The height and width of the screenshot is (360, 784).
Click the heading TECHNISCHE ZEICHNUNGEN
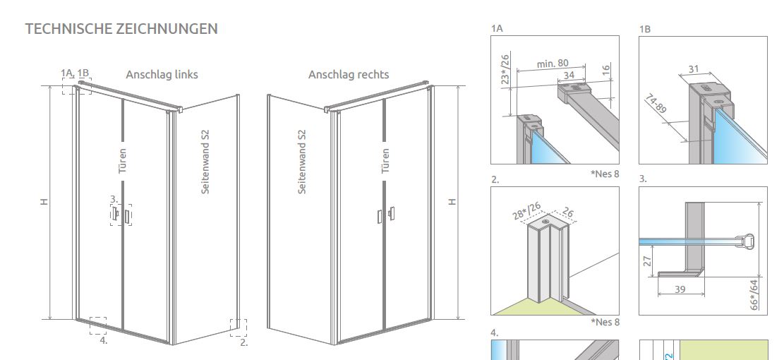pos(121,29)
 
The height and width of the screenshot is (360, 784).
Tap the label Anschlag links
pos(162,74)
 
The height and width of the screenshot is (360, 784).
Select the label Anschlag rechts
pos(349,74)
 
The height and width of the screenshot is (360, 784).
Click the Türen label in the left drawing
pos(122,160)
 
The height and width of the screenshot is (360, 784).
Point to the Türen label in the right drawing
pos(385,160)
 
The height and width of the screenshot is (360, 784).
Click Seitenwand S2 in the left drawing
pos(205,162)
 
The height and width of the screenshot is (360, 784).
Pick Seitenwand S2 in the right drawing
pos(302,162)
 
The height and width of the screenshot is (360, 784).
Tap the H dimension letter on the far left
pos(44,202)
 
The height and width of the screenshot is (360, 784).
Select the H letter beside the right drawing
pos(452,202)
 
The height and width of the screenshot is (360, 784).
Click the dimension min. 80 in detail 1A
pos(553,64)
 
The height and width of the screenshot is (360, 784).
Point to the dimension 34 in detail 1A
pos(569,76)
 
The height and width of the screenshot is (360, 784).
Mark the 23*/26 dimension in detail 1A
pos(504,70)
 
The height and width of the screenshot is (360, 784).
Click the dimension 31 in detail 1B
pos(692,68)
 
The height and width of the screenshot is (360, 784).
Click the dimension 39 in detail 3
pos(680,290)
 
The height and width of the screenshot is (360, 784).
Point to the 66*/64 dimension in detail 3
pos(755,294)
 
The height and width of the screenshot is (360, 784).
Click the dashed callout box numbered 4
pos(98,325)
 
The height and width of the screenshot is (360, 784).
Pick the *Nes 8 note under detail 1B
pos(605,174)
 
